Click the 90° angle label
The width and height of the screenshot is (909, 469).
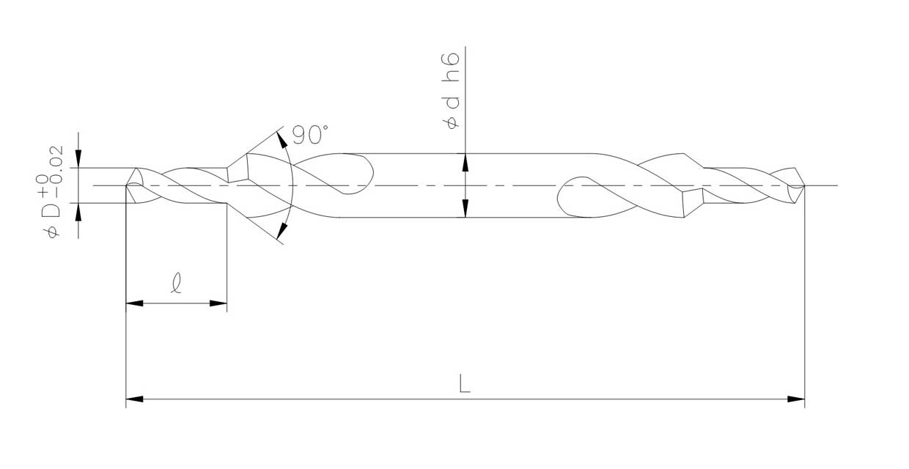(x=310, y=134)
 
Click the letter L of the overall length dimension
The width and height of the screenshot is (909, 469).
(x=465, y=383)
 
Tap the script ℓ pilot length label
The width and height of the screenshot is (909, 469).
(x=176, y=283)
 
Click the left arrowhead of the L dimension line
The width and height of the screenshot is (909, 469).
(x=134, y=399)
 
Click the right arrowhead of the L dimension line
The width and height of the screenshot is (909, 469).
(x=796, y=399)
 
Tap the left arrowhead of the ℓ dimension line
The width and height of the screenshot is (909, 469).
(x=134, y=303)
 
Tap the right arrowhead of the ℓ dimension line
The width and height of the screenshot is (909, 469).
(x=218, y=303)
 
